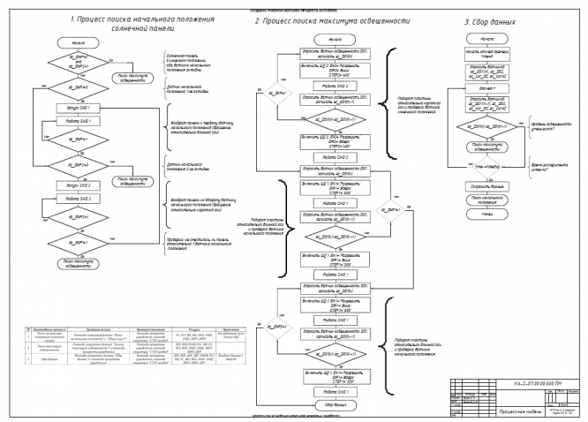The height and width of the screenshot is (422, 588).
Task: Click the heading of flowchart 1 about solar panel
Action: tap(121, 23)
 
